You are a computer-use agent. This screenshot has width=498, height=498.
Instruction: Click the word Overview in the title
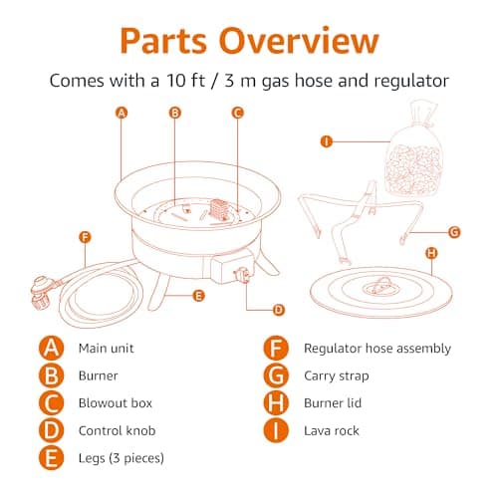click(x=299, y=40)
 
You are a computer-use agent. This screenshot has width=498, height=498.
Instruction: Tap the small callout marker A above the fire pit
click(x=122, y=113)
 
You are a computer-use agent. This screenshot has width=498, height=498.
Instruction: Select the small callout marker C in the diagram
click(x=237, y=113)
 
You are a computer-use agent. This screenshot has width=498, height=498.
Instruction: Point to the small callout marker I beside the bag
click(x=327, y=141)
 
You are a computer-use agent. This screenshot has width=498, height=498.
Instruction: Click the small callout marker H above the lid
click(x=431, y=253)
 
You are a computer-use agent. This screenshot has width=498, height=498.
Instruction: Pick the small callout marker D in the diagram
click(x=279, y=310)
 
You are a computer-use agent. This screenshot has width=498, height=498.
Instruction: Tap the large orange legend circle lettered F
click(x=276, y=348)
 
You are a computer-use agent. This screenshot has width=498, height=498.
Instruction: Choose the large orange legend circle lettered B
click(x=51, y=375)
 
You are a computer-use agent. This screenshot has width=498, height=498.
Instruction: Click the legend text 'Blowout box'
click(x=116, y=403)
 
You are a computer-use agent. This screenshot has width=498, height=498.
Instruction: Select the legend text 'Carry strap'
click(x=337, y=376)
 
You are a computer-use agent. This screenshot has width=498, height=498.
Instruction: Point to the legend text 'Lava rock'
click(x=332, y=430)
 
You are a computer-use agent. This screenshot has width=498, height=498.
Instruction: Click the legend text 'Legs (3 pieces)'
click(x=122, y=458)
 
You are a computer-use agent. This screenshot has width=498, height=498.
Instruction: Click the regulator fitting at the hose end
click(x=42, y=293)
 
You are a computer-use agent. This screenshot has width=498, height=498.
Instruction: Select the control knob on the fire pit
click(x=242, y=275)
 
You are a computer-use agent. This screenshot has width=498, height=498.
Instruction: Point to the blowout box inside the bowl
click(x=219, y=209)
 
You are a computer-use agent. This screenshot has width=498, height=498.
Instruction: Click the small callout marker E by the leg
click(x=198, y=296)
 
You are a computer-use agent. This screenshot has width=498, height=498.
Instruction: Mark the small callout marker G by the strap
click(x=454, y=232)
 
